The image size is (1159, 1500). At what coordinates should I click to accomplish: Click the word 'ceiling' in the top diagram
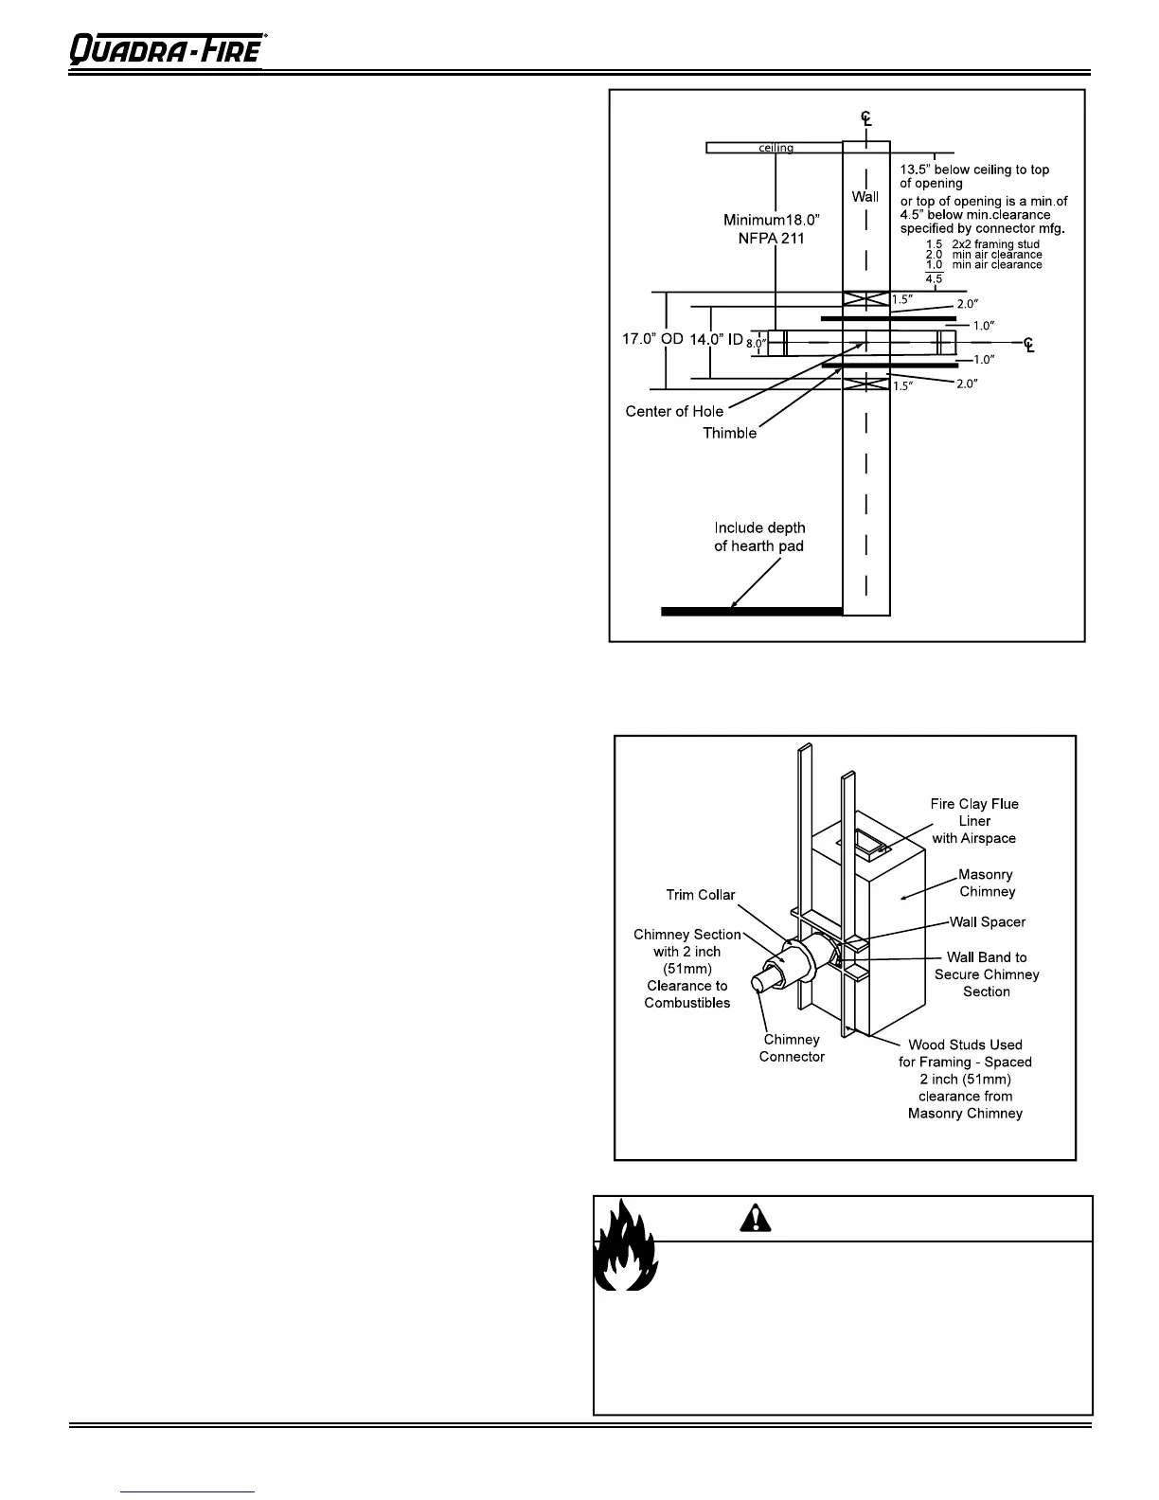776,148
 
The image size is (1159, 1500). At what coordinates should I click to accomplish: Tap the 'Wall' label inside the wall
865,197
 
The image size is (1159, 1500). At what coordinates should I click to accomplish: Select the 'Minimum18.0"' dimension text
772,221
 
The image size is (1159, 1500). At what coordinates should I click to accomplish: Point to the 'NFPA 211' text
772,239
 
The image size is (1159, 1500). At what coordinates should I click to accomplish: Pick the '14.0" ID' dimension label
716,339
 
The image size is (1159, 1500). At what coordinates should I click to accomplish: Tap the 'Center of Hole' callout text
674,411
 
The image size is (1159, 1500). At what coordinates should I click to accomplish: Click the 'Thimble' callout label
729,433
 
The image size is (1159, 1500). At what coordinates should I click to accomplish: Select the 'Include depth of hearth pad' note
759,537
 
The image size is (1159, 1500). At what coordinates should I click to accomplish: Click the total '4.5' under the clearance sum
934,279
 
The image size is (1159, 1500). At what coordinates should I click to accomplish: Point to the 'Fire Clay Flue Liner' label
974,820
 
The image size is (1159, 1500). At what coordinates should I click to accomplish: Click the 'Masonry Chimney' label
987,883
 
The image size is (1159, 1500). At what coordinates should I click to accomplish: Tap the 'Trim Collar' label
701,895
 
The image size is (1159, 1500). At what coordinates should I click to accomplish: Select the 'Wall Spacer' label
988,921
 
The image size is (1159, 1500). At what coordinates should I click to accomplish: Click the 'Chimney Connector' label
792,1047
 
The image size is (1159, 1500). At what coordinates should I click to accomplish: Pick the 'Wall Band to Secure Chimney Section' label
987,974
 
